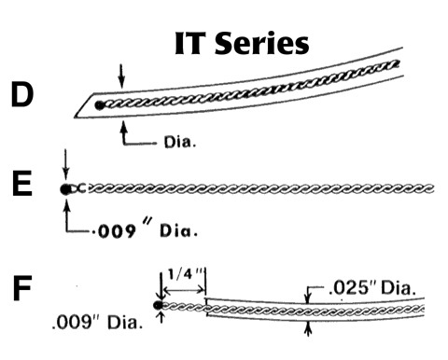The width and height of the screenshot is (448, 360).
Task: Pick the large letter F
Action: [23, 289]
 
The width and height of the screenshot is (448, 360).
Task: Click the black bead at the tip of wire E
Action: [64, 189]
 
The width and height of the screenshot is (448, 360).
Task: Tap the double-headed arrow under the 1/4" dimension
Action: [184, 291]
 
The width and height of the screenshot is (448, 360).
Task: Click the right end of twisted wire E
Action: [433, 189]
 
